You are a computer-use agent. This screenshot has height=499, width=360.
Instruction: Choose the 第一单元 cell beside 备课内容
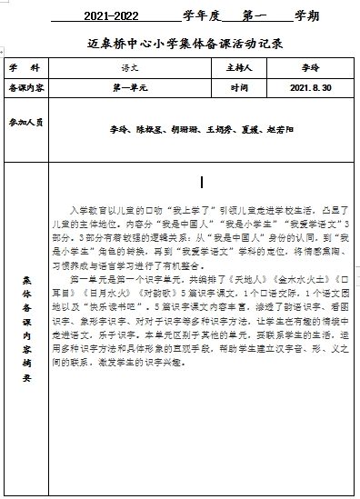tap(131, 88)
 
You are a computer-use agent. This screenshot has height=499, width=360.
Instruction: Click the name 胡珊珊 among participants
tap(184, 130)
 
